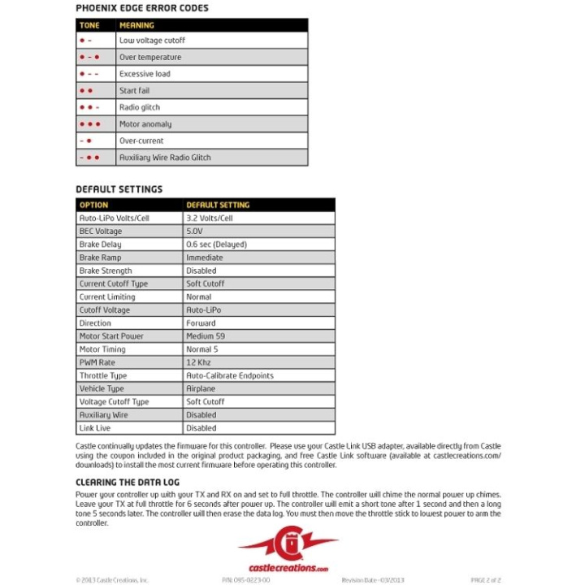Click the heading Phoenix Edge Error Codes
(x=142, y=8)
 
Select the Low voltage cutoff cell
(x=152, y=40)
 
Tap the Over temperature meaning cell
(x=150, y=57)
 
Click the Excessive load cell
(x=145, y=74)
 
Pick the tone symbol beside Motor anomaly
(x=89, y=124)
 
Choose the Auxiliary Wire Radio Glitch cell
(x=165, y=158)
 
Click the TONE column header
(x=89, y=25)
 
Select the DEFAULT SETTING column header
(x=218, y=205)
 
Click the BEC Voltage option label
(x=100, y=231)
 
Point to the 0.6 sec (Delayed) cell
(x=216, y=244)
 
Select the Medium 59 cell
(x=205, y=336)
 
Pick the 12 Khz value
(x=199, y=362)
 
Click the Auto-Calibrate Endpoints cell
(x=230, y=375)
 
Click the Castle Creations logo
(x=288, y=548)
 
